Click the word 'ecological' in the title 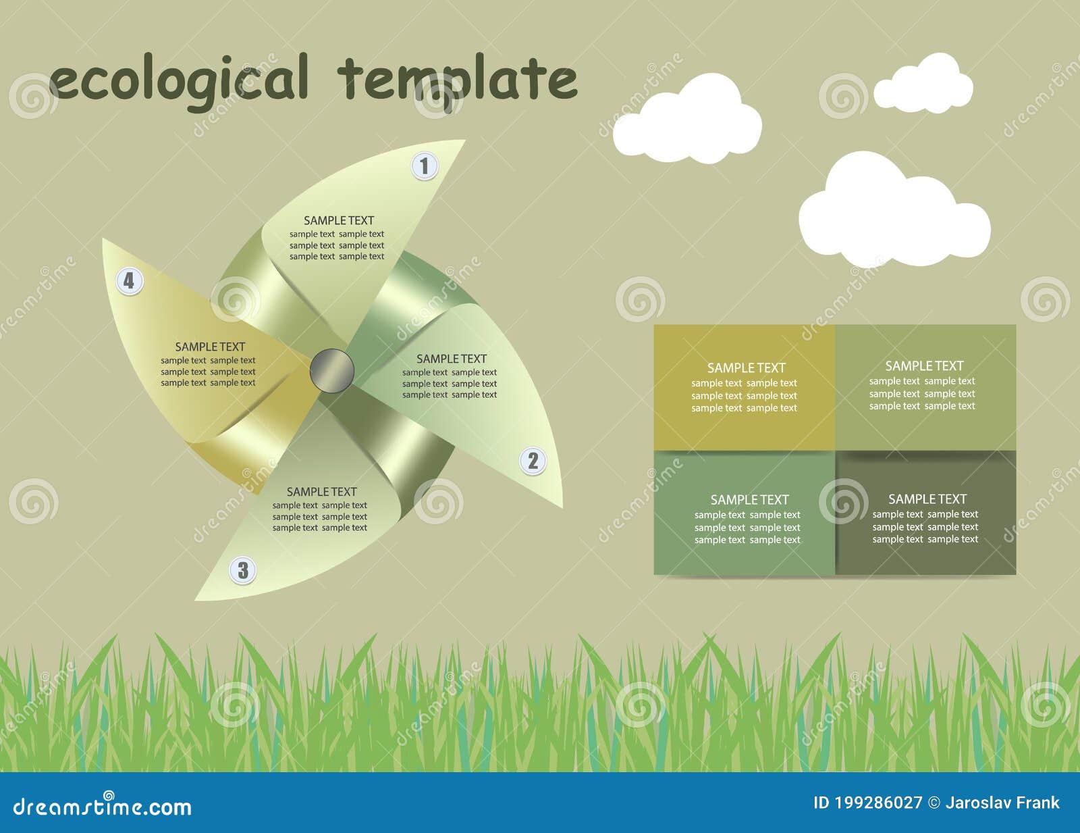(x=179, y=80)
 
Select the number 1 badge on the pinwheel (x=425, y=166)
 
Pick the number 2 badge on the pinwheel (x=533, y=461)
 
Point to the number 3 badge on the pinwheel (x=243, y=570)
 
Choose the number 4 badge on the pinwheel (x=129, y=280)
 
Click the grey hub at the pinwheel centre (x=332, y=370)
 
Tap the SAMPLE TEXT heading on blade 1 (x=338, y=220)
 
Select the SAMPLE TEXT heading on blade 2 (x=451, y=359)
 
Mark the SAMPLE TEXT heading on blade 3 (x=321, y=492)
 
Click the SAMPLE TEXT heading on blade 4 (x=210, y=347)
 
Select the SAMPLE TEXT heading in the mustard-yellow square (x=746, y=368)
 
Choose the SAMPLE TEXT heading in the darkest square (x=927, y=499)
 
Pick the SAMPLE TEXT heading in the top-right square (x=923, y=366)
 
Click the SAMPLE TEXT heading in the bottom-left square (x=749, y=500)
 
